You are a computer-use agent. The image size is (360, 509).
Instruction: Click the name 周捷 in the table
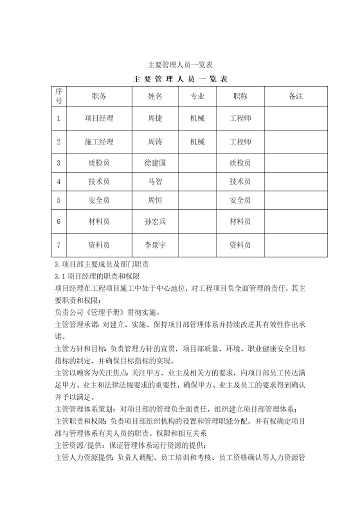[x=155, y=118]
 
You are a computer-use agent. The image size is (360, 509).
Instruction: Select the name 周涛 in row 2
[x=155, y=142]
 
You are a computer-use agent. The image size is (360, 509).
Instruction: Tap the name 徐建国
[x=155, y=162]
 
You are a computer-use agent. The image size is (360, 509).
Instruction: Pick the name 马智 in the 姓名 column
[x=155, y=181]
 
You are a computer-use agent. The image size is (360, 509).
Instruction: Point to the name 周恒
[x=155, y=200]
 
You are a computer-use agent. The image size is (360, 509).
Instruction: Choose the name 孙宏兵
[x=155, y=221]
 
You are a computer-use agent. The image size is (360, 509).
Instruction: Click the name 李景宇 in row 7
[x=155, y=245]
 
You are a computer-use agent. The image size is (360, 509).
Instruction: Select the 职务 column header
[x=99, y=96]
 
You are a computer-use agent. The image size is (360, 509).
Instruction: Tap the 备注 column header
[x=296, y=96]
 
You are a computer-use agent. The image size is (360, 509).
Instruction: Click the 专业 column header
[x=197, y=96]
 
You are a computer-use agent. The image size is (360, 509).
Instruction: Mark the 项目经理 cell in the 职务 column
[x=99, y=118]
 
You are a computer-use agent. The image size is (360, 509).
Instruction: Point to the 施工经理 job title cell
[x=99, y=142]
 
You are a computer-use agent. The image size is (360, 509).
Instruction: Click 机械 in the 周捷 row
[x=197, y=118]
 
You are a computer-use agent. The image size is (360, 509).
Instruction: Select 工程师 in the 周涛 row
[x=240, y=142]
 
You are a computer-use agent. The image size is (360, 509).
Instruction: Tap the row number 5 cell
[x=58, y=200]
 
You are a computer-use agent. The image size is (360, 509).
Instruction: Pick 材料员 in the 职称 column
[x=240, y=221]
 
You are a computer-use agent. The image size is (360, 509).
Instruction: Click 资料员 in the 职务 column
[x=99, y=245]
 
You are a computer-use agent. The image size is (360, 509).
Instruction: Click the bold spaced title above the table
[x=180, y=79]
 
